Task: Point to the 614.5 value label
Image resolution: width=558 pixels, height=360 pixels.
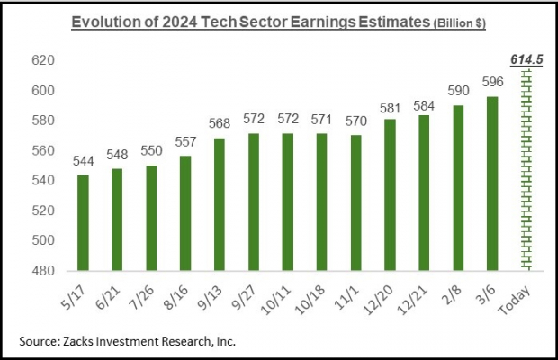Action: (525, 59)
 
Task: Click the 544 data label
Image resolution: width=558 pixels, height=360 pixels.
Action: (82, 162)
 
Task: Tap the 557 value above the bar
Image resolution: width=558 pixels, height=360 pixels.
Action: (184, 143)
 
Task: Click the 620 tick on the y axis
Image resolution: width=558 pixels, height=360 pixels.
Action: (44, 61)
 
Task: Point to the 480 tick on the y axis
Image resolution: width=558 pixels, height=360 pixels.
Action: (44, 271)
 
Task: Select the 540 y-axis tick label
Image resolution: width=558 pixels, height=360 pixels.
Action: (44, 181)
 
